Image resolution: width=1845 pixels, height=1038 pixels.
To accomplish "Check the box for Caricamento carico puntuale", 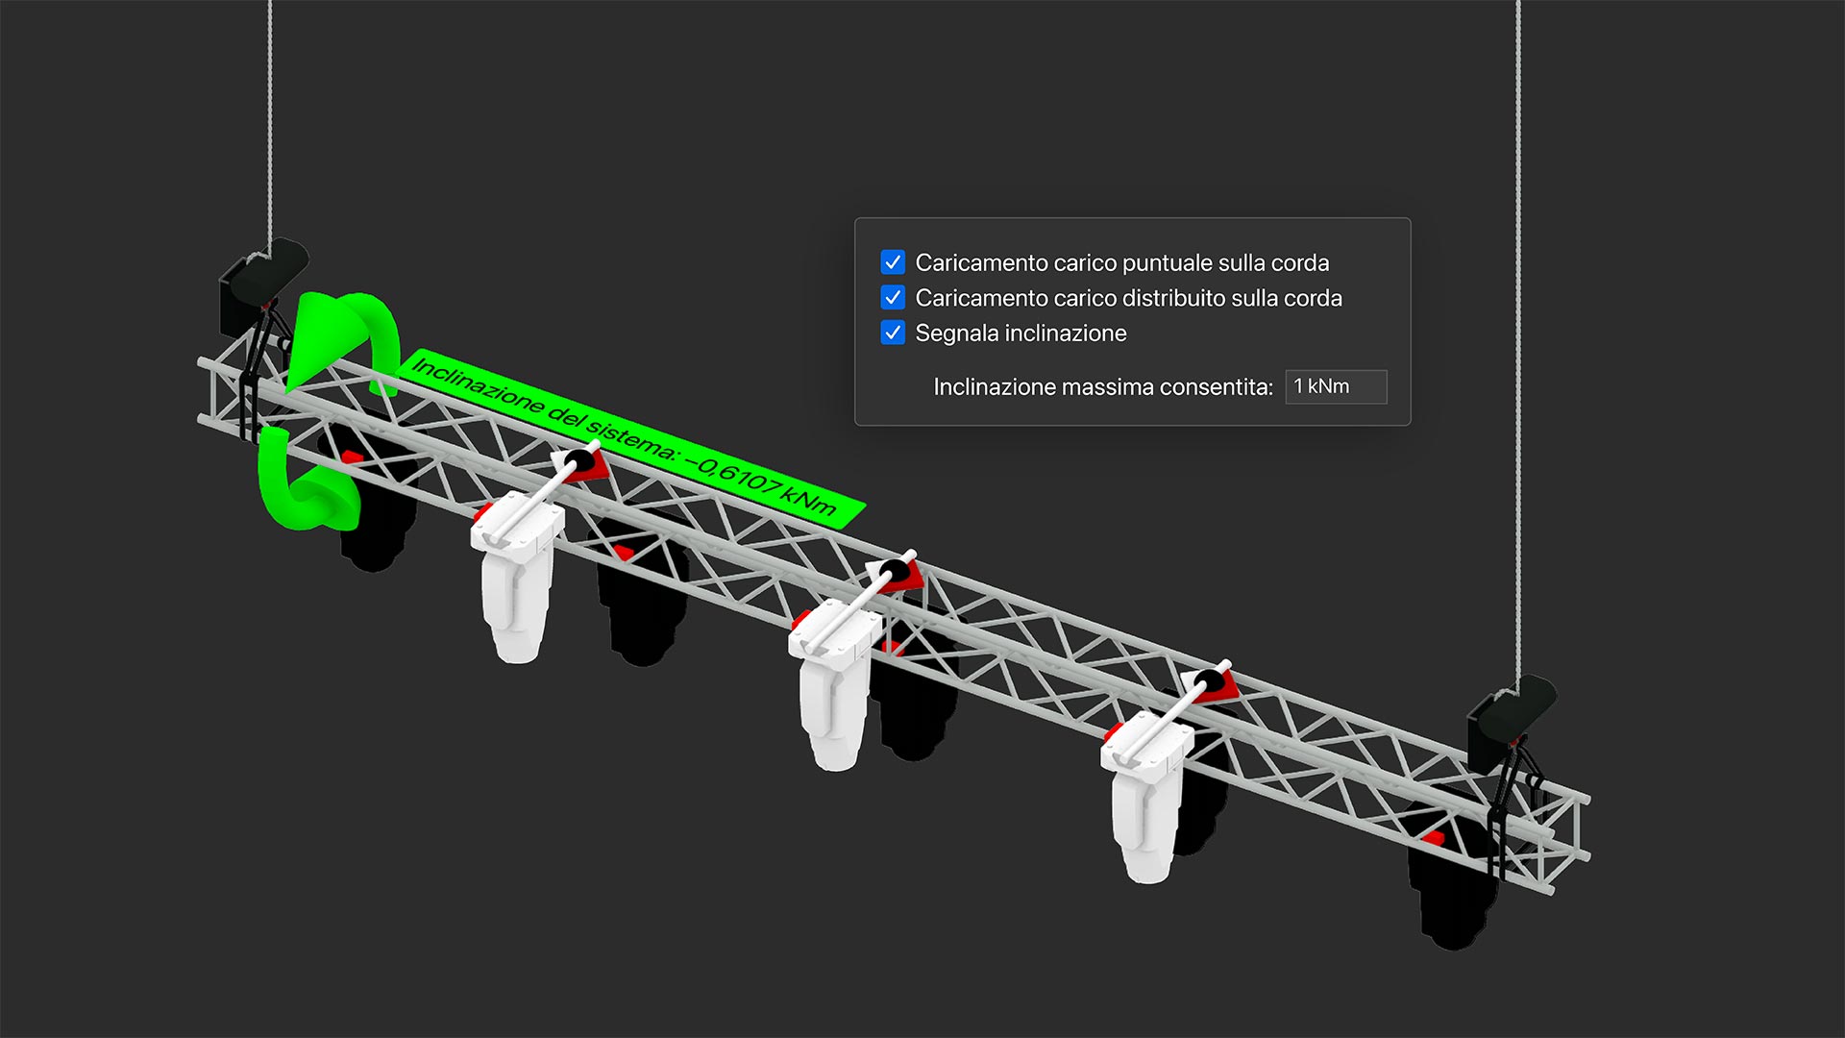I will click(893, 262).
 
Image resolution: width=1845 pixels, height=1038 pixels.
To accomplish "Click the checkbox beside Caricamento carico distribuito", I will click(893, 298).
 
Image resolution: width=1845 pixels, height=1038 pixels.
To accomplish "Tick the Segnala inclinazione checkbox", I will click(893, 334).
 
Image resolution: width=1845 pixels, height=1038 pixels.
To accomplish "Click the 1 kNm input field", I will click(1336, 386).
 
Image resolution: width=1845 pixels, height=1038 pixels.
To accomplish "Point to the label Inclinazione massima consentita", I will click(1102, 387).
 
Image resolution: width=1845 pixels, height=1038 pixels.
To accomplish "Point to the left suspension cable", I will click(270, 115).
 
